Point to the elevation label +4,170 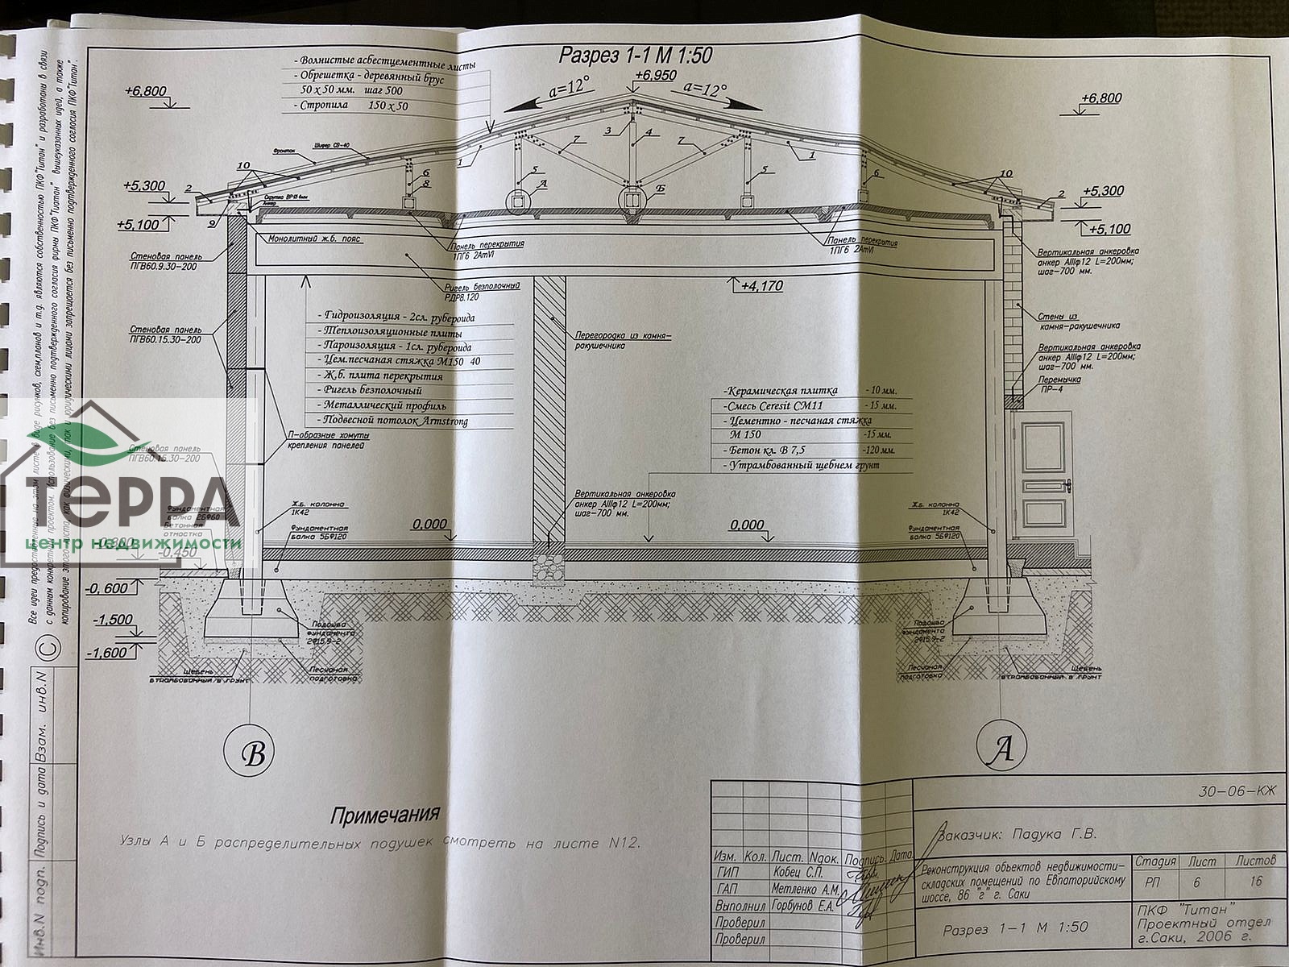tap(762, 285)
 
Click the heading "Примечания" tap(386, 814)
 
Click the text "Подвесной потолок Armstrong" tap(395, 421)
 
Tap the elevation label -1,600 tap(109, 653)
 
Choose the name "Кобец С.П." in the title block tap(803, 873)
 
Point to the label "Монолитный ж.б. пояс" tap(315, 239)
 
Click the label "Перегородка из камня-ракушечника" tap(622, 339)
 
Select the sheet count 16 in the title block tap(1255, 882)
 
